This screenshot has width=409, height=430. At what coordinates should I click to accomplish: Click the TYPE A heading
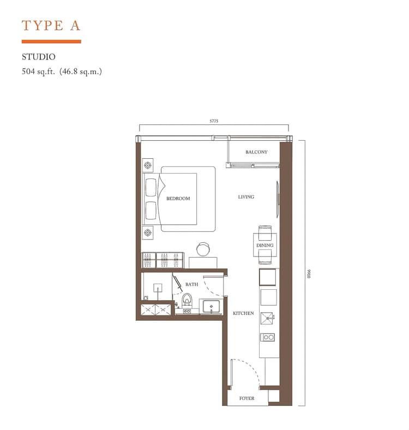51,25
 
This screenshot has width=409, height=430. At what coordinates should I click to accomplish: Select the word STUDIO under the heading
39,56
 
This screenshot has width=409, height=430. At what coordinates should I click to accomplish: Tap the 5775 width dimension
214,122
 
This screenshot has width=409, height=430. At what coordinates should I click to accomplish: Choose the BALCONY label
256,152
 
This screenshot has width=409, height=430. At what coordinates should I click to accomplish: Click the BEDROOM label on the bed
178,199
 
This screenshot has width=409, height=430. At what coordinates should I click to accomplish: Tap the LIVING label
246,197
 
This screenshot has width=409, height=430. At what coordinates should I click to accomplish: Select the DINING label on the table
264,246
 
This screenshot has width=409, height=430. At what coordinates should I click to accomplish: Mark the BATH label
191,284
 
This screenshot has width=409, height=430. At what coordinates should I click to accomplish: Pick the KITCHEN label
243,313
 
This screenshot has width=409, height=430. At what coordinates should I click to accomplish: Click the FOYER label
247,398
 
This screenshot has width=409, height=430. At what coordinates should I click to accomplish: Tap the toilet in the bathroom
187,301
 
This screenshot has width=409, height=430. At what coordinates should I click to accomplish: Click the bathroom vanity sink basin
211,306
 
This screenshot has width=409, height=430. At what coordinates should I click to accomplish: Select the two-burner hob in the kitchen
268,337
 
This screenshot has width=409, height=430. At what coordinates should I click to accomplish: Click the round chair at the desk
203,249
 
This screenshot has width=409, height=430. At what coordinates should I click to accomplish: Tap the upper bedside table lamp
148,164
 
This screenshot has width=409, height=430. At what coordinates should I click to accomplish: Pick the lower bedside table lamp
148,233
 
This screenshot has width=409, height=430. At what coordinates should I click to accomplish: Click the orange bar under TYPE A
51,41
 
